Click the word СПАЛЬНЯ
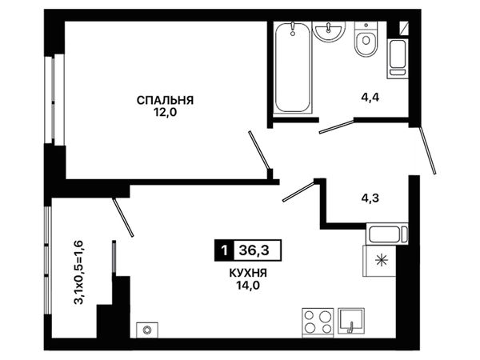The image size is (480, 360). click(165, 101)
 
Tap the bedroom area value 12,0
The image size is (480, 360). click(166, 113)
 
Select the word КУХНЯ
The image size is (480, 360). click(248, 273)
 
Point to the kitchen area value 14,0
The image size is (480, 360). click(248, 286)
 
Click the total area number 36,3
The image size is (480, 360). click(254, 250)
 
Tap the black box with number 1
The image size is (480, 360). click(224, 250)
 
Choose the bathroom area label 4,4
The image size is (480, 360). click(370, 98)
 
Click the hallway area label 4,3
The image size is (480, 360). click(370, 198)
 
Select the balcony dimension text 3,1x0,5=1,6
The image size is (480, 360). click(78, 273)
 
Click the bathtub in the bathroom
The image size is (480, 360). click(292, 67)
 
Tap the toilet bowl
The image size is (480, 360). click(366, 39)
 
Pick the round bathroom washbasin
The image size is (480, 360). click(329, 32)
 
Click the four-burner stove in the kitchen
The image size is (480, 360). click(318, 322)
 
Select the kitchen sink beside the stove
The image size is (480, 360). click(351, 321)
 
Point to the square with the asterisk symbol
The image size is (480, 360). click(379, 261)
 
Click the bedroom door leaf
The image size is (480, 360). click(259, 150)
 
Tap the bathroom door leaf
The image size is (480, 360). click(337, 126)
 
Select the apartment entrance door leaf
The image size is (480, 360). click(427, 150)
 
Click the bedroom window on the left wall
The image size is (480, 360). click(54, 99)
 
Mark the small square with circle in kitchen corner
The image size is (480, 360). click(147, 330)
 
